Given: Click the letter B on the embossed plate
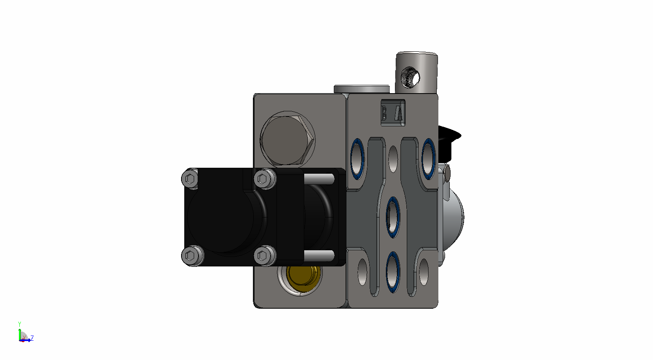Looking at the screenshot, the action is (384, 113).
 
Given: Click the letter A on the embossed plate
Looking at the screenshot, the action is (399, 113).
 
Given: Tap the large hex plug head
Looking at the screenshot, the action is (287, 140).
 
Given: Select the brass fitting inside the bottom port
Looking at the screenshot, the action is (302, 274).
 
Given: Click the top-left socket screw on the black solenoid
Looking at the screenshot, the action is (190, 179).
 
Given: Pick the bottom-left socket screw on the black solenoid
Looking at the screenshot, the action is (193, 255).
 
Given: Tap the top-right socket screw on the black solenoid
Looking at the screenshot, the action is (265, 179).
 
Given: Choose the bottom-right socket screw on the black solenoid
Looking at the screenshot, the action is (265, 255).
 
